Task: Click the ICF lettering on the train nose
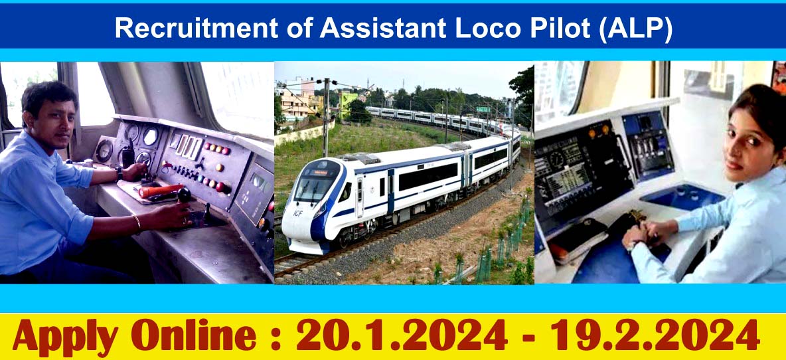click(297, 213)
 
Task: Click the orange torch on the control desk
click(160, 191)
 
